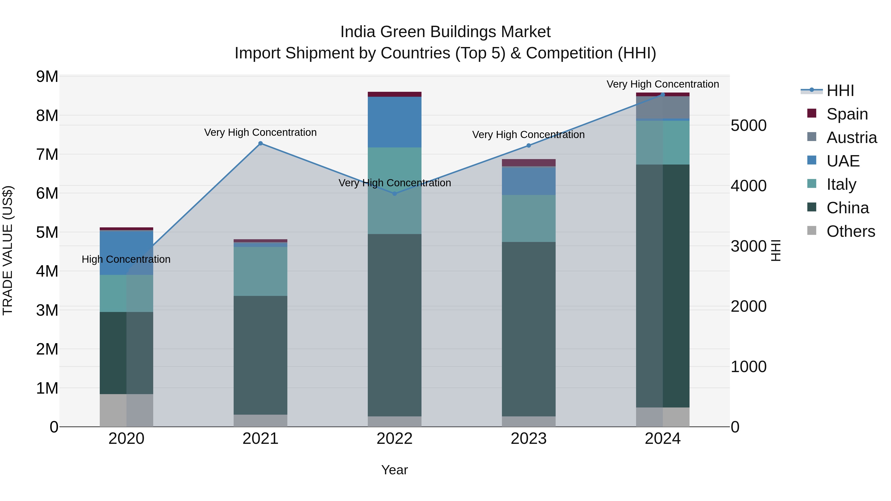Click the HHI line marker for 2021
260,143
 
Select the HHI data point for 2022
395,194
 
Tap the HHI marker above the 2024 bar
663,95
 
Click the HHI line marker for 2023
528,145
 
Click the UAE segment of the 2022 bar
395,122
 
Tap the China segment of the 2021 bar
260,355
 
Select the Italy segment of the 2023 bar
528,218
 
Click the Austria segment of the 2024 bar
663,108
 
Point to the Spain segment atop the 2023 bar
528,163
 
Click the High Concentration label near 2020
126,259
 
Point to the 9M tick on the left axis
47,77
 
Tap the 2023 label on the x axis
528,439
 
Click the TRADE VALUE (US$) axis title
8,250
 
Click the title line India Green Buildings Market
445,32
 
